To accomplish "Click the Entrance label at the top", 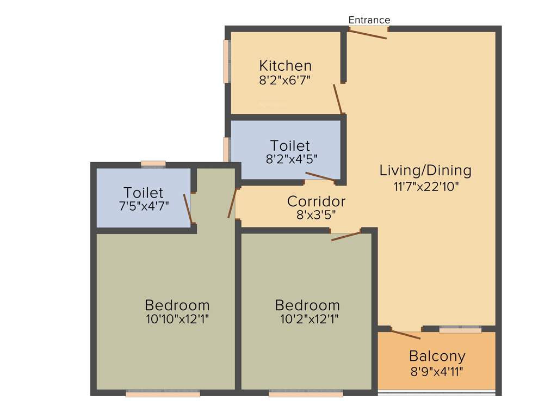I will [x=369, y=20].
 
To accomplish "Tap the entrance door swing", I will [x=368, y=34].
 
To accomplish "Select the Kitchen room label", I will [x=285, y=66].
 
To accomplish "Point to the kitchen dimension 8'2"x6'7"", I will [x=285, y=79].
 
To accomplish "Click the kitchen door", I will [x=339, y=99].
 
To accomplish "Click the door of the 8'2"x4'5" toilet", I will [x=320, y=176].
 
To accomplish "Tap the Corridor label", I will [x=316, y=201].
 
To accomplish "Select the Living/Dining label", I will [x=425, y=170].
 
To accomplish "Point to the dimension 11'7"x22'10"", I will [x=426, y=186].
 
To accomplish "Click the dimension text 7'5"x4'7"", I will [x=143, y=206].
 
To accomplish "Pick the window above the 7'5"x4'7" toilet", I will [x=153, y=163].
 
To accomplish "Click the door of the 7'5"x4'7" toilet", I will [x=188, y=208].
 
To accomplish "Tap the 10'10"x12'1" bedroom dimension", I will [x=177, y=319].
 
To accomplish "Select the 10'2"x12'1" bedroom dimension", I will [x=307, y=319].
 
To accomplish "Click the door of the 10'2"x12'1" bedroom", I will [x=346, y=236].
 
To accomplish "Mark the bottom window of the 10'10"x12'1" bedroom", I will [x=163, y=393].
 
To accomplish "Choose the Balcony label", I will [x=437, y=356].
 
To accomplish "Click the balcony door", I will [x=405, y=334].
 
